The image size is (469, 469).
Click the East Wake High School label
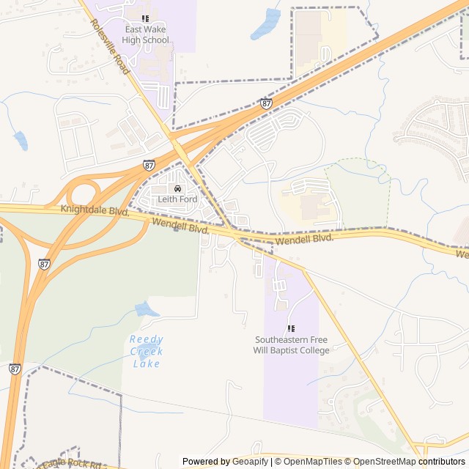[146, 35]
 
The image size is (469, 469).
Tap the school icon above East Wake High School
[146, 18]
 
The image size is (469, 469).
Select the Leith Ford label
[177, 199]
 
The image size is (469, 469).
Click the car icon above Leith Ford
[177, 188]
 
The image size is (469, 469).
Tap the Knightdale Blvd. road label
[95, 210]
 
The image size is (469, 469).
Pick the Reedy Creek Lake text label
[147, 351]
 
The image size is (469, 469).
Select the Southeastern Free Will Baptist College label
[292, 344]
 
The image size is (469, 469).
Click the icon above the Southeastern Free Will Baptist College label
[291, 329]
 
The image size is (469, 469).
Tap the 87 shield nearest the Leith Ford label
[149, 166]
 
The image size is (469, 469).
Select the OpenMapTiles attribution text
[314, 462]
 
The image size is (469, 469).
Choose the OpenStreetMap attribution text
[387, 462]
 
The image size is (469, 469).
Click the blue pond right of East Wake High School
[266, 26]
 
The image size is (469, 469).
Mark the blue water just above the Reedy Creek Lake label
[147, 309]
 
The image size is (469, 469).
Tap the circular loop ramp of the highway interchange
[82, 193]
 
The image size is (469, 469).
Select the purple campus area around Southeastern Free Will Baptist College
[291, 381]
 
